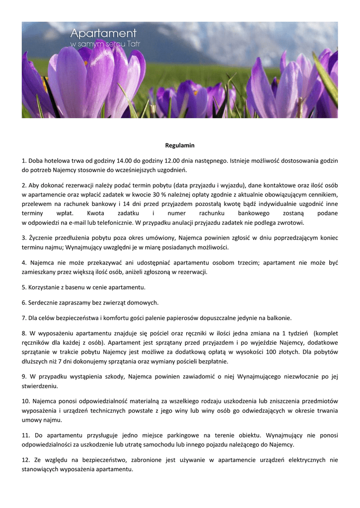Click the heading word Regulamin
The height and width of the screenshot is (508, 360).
point(180,146)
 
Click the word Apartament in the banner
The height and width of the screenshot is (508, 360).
point(103,34)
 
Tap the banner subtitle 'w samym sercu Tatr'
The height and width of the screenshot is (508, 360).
point(105,44)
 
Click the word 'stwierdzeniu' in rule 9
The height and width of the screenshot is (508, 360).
point(39,385)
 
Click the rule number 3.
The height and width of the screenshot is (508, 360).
point(24,238)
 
